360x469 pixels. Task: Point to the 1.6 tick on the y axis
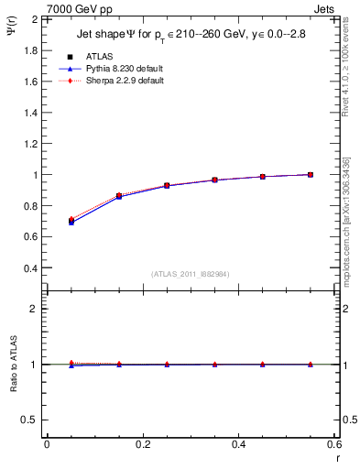[31, 82]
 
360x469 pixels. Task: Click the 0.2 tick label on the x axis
[143, 444]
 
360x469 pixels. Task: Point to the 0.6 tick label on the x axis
[334, 444]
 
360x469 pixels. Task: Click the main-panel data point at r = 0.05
[71, 222]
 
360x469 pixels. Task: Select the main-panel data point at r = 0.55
[311, 174]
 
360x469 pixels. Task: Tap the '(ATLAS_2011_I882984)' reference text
[191, 274]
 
